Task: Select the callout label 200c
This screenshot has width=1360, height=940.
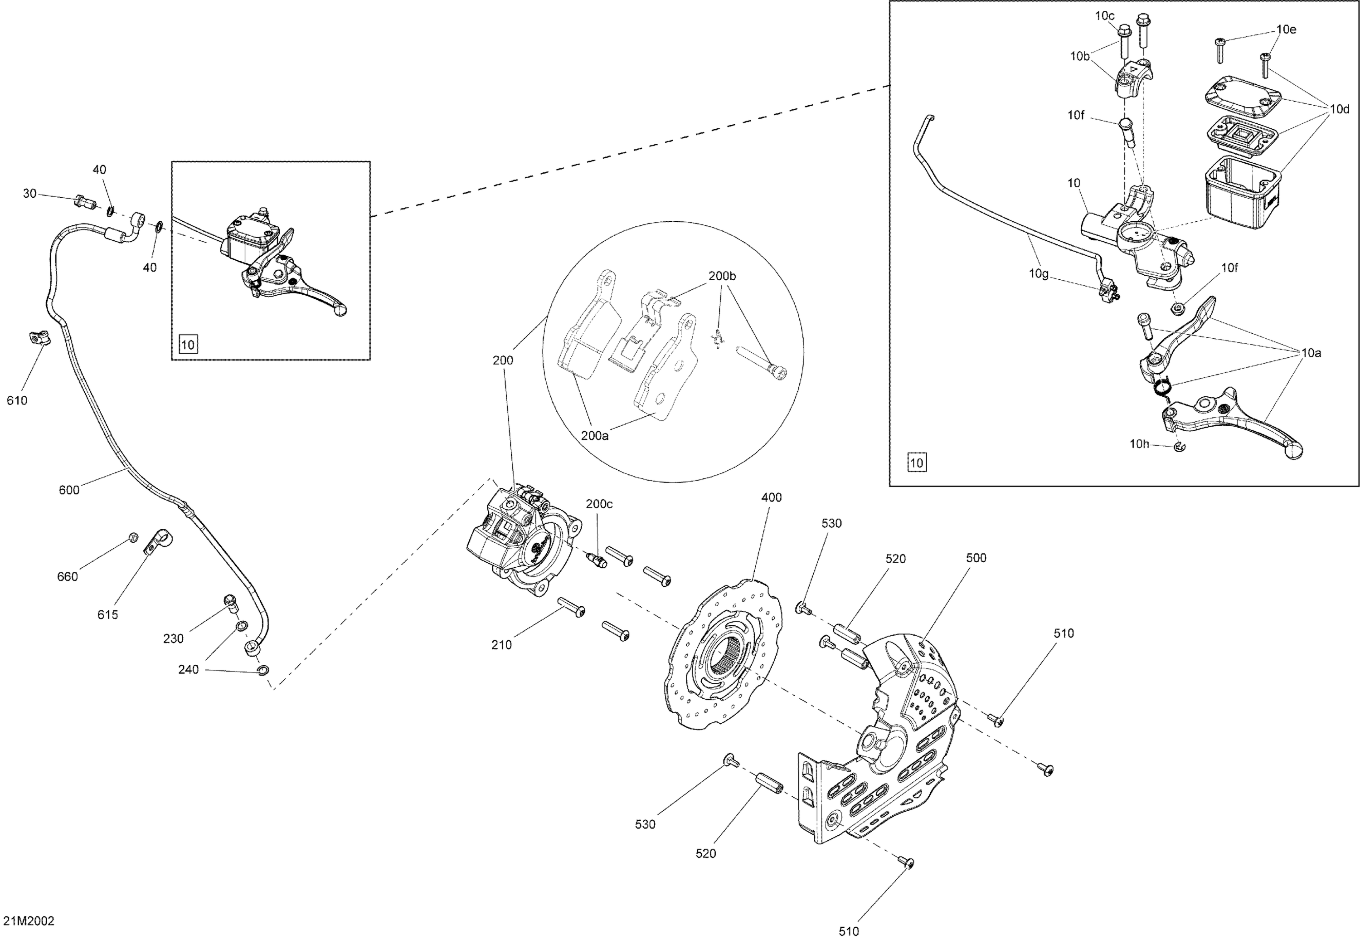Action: point(599,504)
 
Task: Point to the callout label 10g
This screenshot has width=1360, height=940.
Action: point(1039,273)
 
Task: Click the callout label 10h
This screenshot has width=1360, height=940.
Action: point(1139,444)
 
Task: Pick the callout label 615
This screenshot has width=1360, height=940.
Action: point(108,615)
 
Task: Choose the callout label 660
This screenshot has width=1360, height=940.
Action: point(67,577)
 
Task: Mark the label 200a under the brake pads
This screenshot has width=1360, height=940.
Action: point(595,436)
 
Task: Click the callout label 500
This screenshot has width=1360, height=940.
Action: point(976,558)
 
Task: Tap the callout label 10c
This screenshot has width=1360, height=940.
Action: point(1104,16)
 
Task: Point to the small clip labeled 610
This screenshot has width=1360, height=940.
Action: point(39,339)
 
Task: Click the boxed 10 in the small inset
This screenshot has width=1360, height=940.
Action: point(188,344)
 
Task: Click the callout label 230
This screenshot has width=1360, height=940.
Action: point(173,638)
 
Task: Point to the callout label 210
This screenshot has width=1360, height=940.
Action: point(501,645)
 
